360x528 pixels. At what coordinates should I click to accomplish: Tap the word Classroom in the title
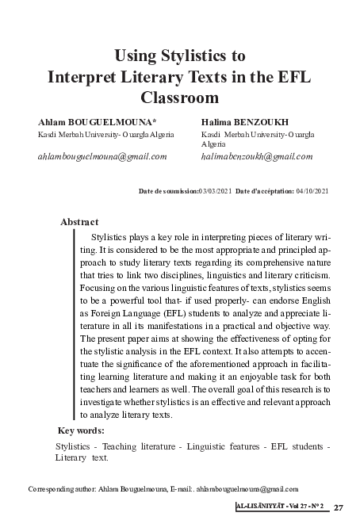(179, 99)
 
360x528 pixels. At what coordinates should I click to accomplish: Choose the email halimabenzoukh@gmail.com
(257, 156)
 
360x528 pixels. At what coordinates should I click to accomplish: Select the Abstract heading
(79, 222)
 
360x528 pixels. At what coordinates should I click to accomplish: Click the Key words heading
(82, 430)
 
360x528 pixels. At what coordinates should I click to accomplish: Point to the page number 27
(339, 507)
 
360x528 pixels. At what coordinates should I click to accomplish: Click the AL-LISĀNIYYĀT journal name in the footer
(259, 507)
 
